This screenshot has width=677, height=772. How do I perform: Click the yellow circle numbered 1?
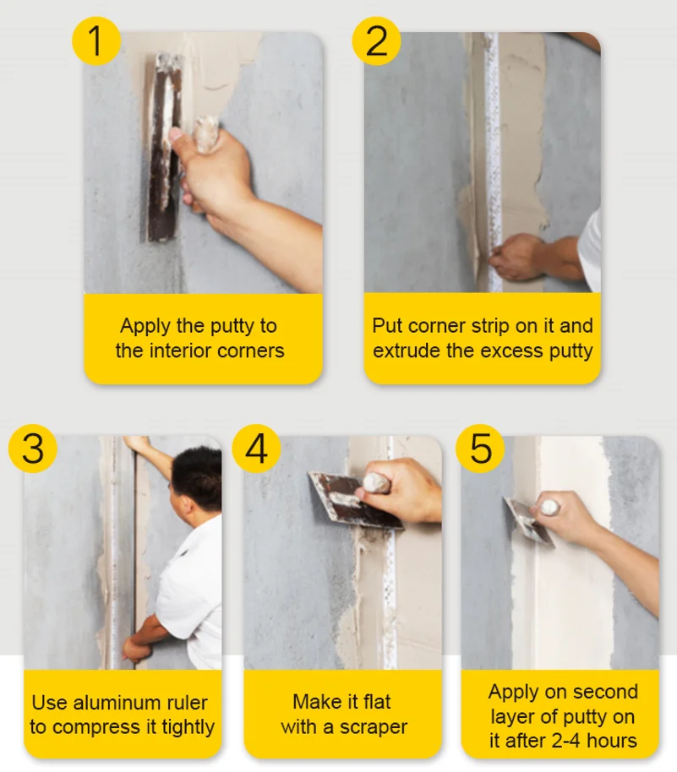[x=96, y=40]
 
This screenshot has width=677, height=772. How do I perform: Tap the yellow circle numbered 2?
[x=376, y=40]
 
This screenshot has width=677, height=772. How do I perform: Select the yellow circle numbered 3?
[x=33, y=447]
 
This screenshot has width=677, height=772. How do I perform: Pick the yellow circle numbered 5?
[x=480, y=447]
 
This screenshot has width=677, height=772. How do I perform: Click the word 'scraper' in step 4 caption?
[x=374, y=726]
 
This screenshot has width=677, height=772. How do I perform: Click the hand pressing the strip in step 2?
[x=517, y=256]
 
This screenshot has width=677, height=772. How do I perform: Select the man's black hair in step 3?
[x=197, y=478]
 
